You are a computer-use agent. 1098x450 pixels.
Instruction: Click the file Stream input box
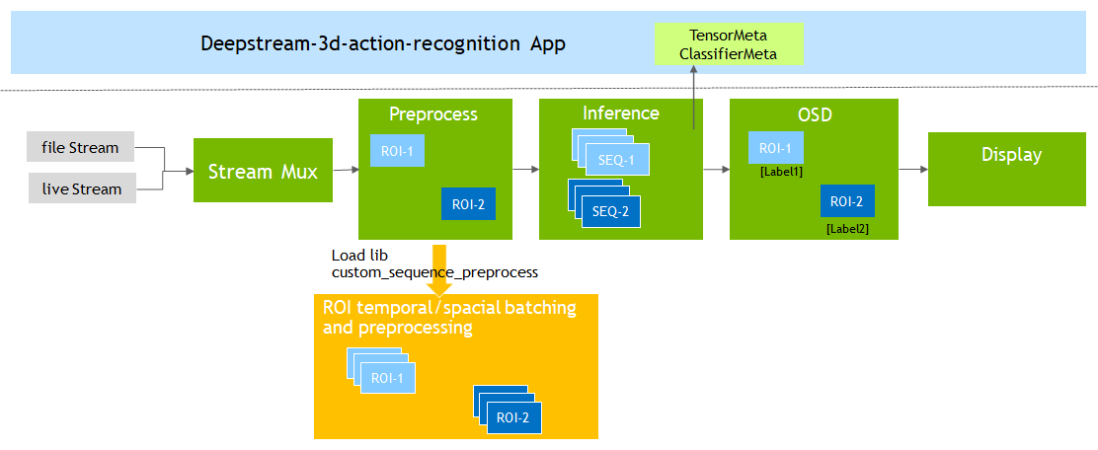(x=80, y=149)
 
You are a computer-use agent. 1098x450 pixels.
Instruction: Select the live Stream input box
(x=80, y=188)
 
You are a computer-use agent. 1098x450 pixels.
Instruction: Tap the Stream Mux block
(x=263, y=172)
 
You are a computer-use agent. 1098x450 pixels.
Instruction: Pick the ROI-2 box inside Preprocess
(x=468, y=204)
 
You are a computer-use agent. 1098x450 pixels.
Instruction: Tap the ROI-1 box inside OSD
(x=776, y=148)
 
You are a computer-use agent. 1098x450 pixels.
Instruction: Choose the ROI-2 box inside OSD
(x=847, y=201)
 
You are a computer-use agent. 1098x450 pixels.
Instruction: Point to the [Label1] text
(x=781, y=172)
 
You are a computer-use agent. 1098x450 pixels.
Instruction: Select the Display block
(x=1011, y=156)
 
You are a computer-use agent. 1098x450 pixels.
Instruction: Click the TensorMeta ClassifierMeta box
(x=731, y=44)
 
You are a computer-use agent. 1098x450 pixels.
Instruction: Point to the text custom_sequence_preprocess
(x=434, y=271)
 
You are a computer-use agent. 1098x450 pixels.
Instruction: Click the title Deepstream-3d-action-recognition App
(x=383, y=44)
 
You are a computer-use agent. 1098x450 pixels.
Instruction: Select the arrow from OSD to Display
(x=913, y=170)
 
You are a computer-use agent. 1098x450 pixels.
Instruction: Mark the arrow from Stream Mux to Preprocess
(x=345, y=170)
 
